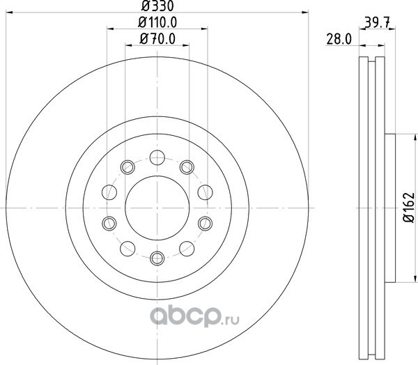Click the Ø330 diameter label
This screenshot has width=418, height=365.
pos(157,6)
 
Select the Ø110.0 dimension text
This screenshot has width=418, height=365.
pos(157,22)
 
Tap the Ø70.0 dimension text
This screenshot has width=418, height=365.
pos(157,39)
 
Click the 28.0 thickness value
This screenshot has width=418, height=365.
pos(339,40)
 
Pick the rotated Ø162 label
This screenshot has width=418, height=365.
pos(409,207)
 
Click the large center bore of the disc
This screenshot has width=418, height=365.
pos(157,208)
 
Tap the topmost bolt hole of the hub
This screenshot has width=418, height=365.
pos(157,157)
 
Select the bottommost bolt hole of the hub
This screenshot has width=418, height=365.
pos(157,258)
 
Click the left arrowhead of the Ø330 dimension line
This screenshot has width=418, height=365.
pos(9,13)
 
